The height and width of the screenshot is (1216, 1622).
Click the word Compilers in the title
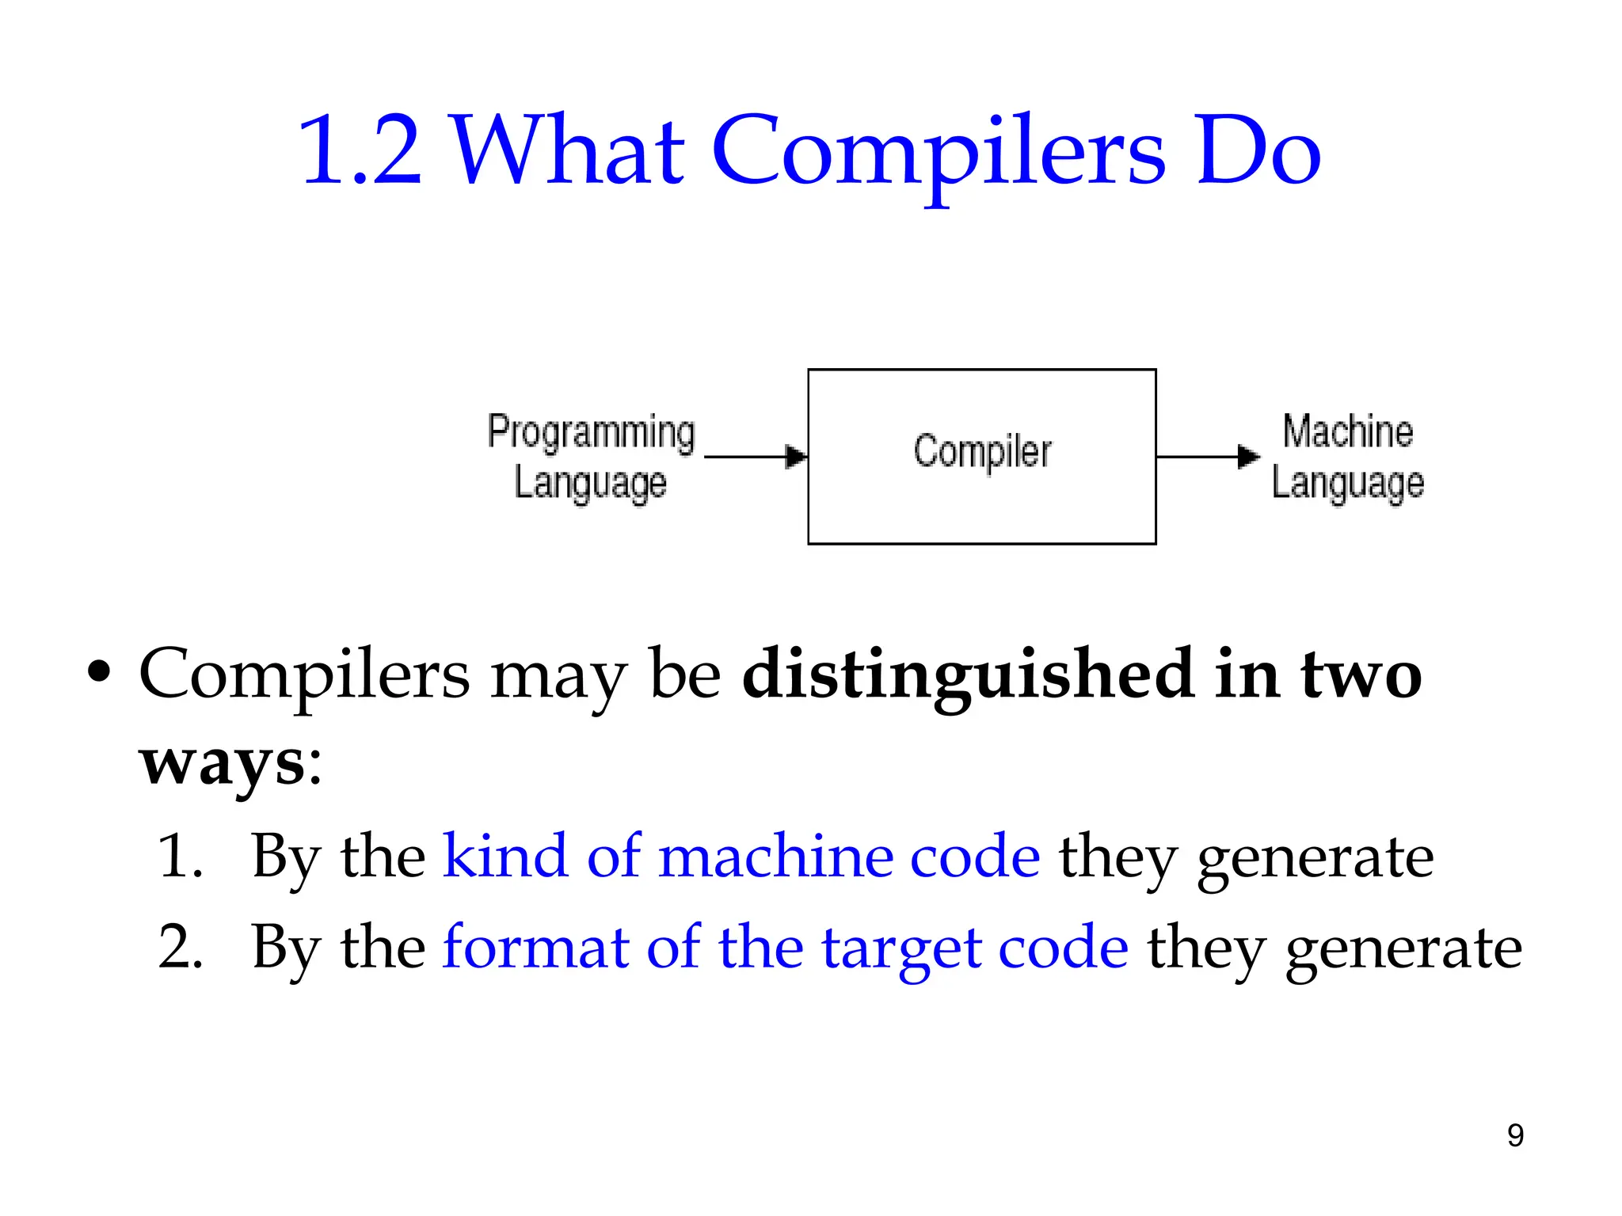click(x=939, y=150)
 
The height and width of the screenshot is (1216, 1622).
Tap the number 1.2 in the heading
click(x=360, y=150)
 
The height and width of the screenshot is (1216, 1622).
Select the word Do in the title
click(x=1258, y=150)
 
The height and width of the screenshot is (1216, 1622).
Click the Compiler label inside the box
click(x=982, y=452)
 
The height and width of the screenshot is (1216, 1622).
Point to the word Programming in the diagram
click(x=591, y=432)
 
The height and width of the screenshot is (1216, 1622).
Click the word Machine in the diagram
click(x=1347, y=431)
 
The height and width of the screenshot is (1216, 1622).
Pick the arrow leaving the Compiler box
click(x=1207, y=457)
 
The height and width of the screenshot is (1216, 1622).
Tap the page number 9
click(x=1515, y=1135)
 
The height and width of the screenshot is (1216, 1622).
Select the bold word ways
click(x=222, y=763)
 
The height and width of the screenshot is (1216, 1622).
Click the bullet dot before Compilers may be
click(x=99, y=674)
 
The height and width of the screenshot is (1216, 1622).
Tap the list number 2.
click(x=181, y=947)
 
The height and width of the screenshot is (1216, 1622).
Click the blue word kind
click(x=504, y=856)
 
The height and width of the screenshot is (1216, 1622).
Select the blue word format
click(x=535, y=947)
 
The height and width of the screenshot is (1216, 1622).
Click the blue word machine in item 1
click(x=775, y=856)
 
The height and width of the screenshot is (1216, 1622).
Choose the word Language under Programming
click(x=591, y=483)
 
